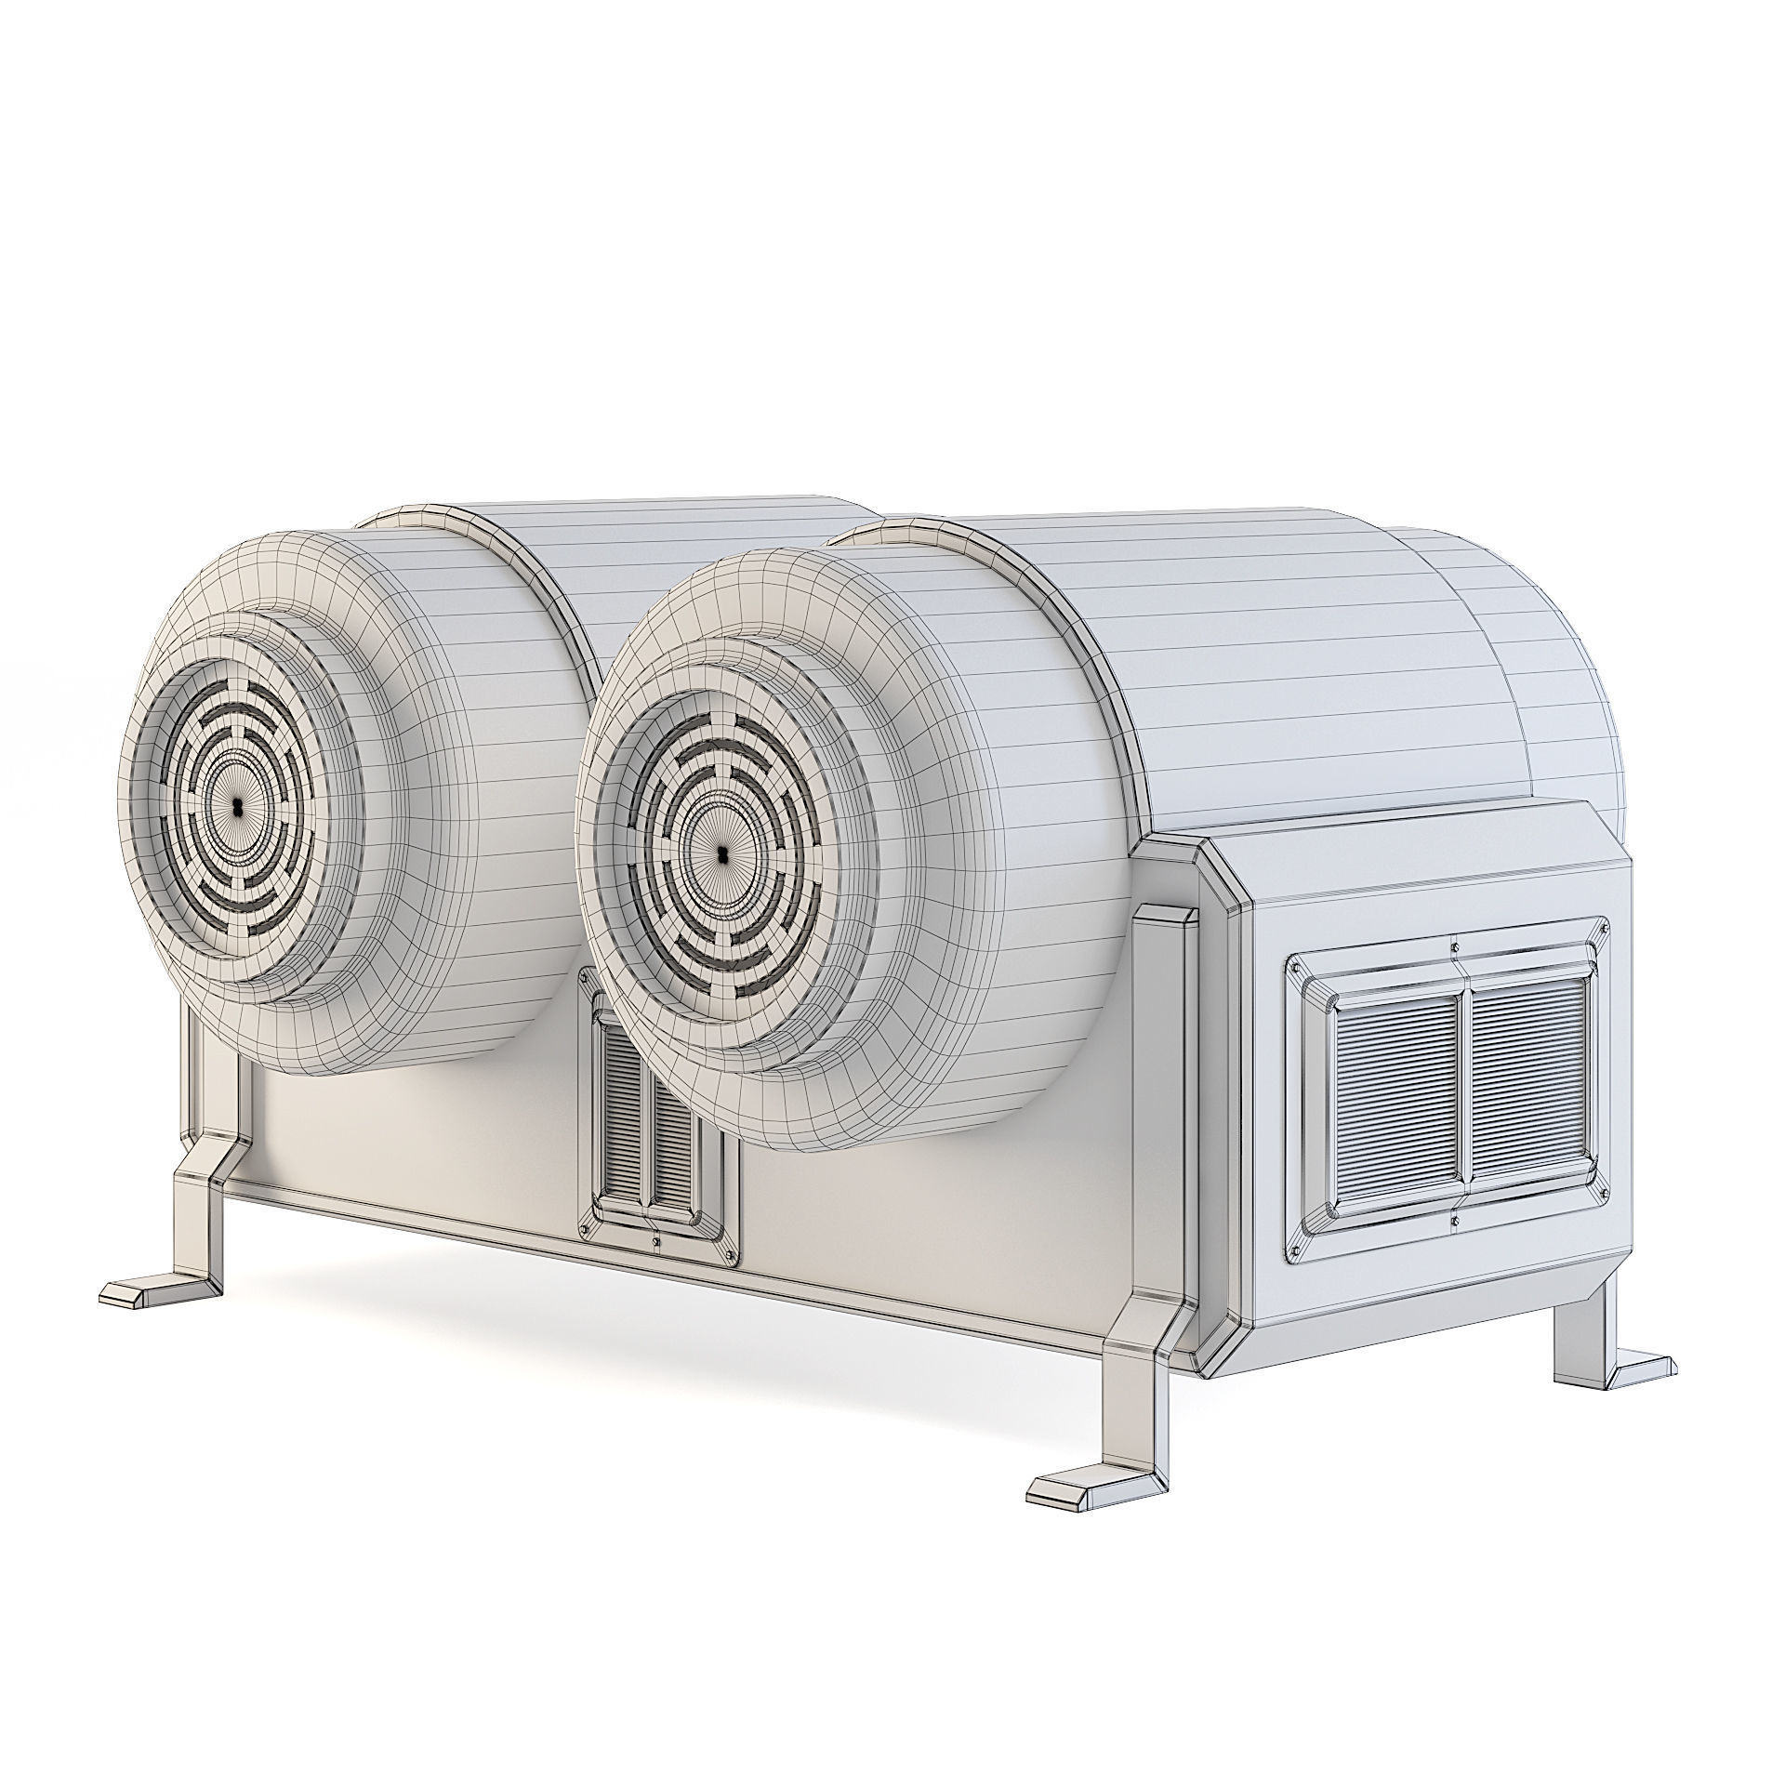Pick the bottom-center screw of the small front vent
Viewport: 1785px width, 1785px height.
coord(657,1240)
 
